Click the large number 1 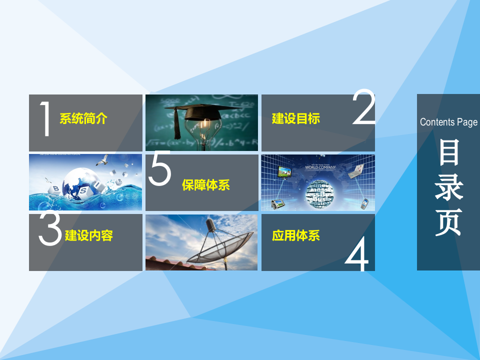click(46, 119)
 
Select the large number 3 click(50, 230)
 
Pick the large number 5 click(160, 168)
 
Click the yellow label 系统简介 click(83, 119)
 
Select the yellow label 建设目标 click(295, 119)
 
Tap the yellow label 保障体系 click(205, 185)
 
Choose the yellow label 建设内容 click(89, 235)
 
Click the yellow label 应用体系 click(295, 235)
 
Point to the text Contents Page click(448, 122)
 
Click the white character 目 click(448, 152)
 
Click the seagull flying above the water click(104, 160)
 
